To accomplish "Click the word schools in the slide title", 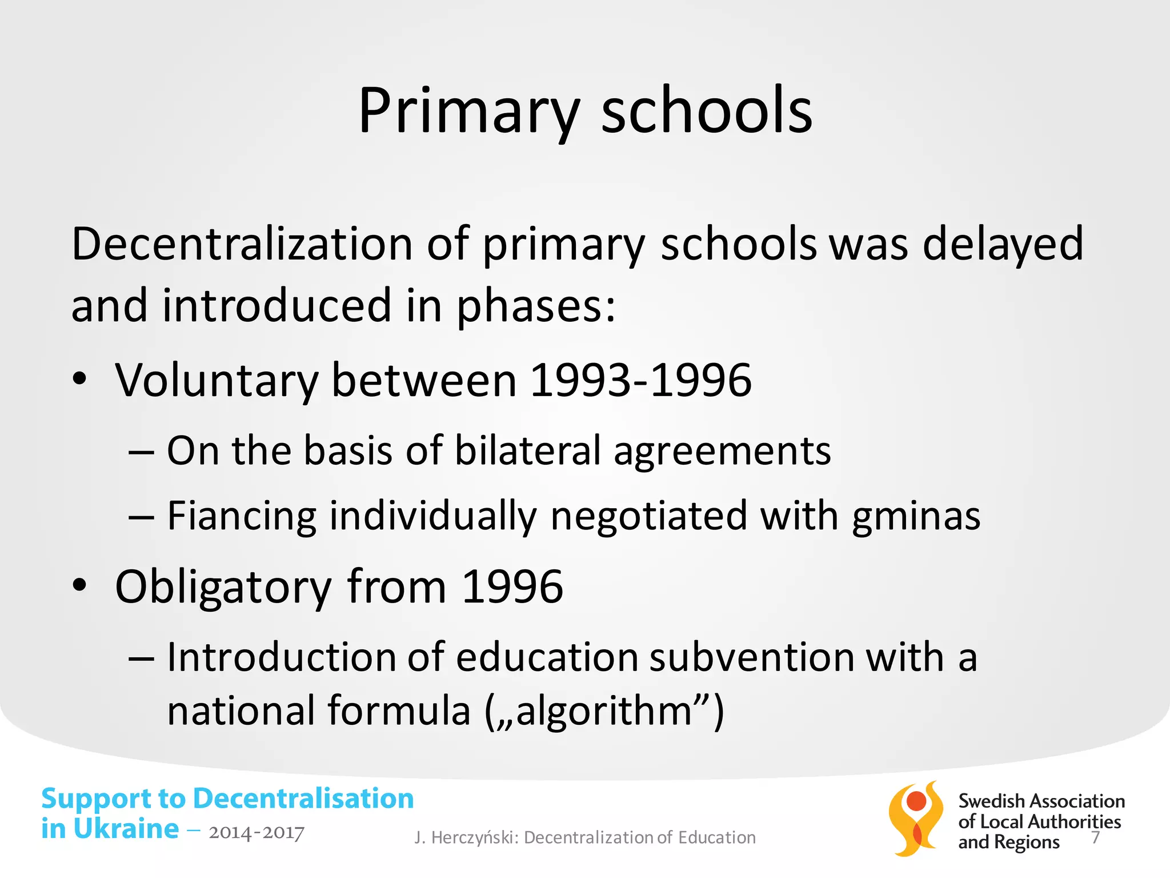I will (x=707, y=111).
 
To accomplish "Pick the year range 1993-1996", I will (x=641, y=381).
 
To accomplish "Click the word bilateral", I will (x=528, y=451).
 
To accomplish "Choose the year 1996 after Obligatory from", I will (x=512, y=587).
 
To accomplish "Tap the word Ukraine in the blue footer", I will (x=126, y=829).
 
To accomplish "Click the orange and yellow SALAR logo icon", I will (x=916, y=819).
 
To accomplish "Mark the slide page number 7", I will (x=1095, y=837).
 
